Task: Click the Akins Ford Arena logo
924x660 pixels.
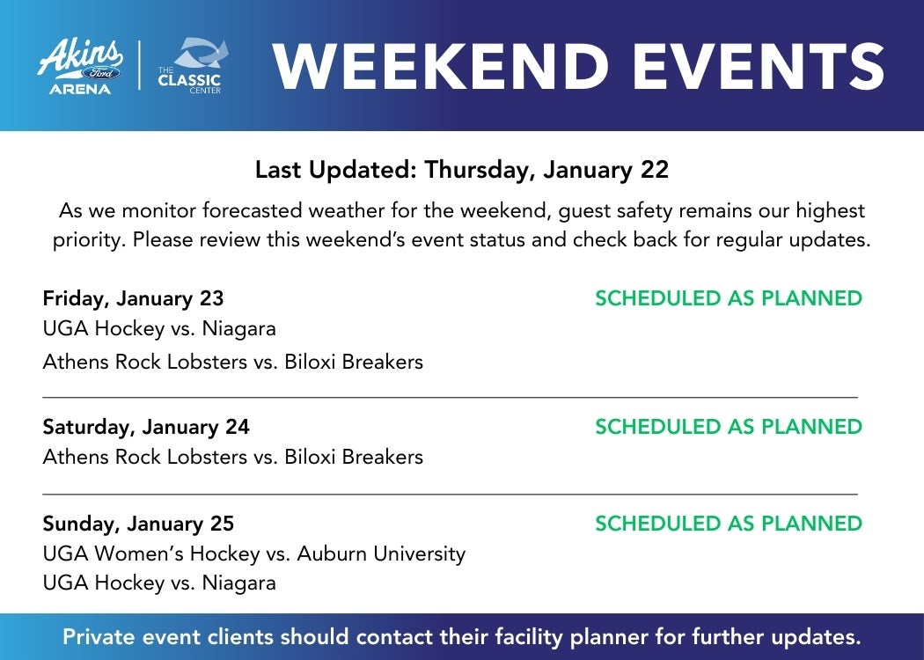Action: [x=80, y=66]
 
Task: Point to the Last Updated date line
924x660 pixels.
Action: [x=462, y=170]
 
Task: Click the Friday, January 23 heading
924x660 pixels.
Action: [x=133, y=298]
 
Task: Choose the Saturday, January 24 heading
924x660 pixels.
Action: [x=146, y=427]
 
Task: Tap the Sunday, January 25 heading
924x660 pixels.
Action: [x=138, y=524]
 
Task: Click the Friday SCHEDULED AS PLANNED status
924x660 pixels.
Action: [x=729, y=298]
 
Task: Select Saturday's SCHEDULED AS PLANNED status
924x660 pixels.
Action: [x=729, y=427]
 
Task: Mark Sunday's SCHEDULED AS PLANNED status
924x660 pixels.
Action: [x=729, y=524]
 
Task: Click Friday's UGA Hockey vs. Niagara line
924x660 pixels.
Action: [x=159, y=328]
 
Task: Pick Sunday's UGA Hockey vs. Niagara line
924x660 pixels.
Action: [x=159, y=583]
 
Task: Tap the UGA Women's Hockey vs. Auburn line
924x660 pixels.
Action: [x=254, y=554]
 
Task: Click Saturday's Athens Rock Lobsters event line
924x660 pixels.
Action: [x=233, y=457]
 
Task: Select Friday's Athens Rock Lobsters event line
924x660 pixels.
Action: [x=233, y=361]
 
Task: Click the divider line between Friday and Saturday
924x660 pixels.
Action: [x=451, y=398]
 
